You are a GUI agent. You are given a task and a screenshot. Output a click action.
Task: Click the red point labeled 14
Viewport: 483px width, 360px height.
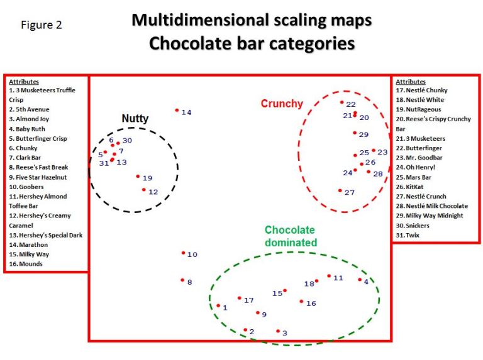pos(177,111)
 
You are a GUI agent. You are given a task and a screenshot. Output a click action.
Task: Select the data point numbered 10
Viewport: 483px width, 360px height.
pos(183,253)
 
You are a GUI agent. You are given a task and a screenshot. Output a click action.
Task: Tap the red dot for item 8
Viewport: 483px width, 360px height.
pos(182,280)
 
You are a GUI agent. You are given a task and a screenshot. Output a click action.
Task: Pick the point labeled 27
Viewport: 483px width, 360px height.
pos(340,191)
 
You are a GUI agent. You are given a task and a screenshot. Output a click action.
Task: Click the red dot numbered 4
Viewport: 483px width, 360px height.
pos(360,280)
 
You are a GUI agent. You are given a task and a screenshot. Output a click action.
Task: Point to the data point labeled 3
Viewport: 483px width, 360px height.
pos(278,331)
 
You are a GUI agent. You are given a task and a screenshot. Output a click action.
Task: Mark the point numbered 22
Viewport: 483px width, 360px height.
pos(341,102)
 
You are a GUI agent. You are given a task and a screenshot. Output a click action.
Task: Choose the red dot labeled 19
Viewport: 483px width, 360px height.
pos(138,177)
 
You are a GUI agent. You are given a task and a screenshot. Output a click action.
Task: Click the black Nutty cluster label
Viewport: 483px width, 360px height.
pos(135,118)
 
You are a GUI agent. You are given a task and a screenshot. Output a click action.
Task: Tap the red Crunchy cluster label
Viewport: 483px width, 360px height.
pos(282,104)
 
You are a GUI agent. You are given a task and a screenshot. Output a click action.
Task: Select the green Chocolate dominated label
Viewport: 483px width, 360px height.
pos(290,236)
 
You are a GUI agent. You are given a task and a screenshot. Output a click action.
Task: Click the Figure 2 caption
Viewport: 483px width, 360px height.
pos(42,26)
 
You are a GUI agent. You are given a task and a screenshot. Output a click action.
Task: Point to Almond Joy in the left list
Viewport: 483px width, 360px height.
pos(28,119)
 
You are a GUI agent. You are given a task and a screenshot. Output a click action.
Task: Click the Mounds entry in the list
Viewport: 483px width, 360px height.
pos(26,264)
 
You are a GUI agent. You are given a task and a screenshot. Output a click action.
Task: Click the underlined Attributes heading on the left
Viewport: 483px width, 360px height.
pos(24,82)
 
